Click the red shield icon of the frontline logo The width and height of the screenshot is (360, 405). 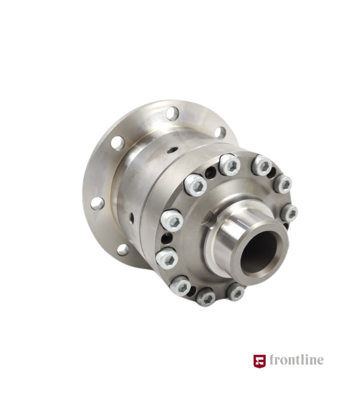point(260,361)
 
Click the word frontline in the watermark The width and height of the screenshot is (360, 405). point(296,360)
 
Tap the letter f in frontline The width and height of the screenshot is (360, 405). point(272,360)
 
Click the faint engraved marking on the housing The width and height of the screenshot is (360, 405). point(182,135)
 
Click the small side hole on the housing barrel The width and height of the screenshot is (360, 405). point(132,218)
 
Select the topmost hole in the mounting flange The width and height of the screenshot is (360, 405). point(172,113)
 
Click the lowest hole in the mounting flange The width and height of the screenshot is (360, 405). point(123,249)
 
